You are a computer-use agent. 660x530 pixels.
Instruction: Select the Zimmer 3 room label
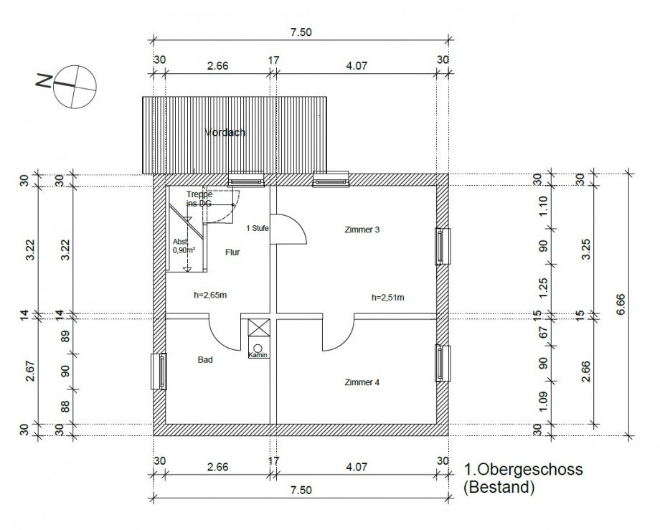pyautogui.click(x=363, y=230)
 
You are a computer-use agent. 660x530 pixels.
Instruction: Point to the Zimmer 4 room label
pyautogui.click(x=362, y=382)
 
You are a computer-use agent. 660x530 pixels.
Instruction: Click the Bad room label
pyautogui.click(x=205, y=361)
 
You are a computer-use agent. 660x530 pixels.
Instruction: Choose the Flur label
pyautogui.click(x=232, y=252)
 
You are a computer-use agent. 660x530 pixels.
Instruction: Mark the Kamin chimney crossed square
pyautogui.click(x=257, y=328)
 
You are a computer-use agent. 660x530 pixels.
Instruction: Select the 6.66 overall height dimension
pyautogui.click(x=621, y=304)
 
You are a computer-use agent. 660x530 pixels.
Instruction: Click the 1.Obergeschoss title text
pyautogui.click(x=524, y=470)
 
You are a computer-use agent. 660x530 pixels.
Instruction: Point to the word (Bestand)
pyautogui.click(x=500, y=489)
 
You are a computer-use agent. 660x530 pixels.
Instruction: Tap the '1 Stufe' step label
pyautogui.click(x=258, y=228)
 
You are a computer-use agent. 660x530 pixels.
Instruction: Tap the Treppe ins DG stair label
pyautogui.click(x=199, y=199)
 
